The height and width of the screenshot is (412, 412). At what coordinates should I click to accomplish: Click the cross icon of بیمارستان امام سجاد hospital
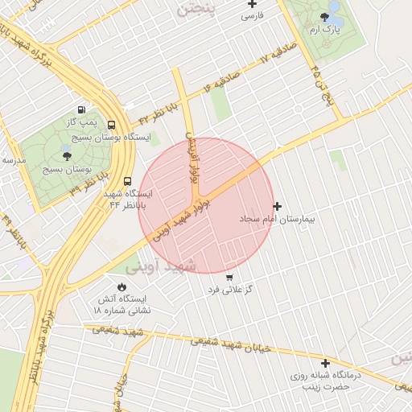[278, 206]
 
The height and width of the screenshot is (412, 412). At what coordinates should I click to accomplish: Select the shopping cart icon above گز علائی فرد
[229, 277]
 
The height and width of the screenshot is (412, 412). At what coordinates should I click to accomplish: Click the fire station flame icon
[122, 286]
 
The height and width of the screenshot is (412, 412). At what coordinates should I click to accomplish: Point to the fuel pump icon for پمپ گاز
[81, 109]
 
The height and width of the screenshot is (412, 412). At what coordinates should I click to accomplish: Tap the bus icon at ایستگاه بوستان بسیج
[110, 126]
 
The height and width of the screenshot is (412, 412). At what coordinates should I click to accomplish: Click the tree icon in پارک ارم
[324, 17]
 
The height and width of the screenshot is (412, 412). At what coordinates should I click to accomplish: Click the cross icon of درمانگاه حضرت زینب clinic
[325, 364]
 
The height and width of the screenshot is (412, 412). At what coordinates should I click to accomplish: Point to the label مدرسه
[14, 160]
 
